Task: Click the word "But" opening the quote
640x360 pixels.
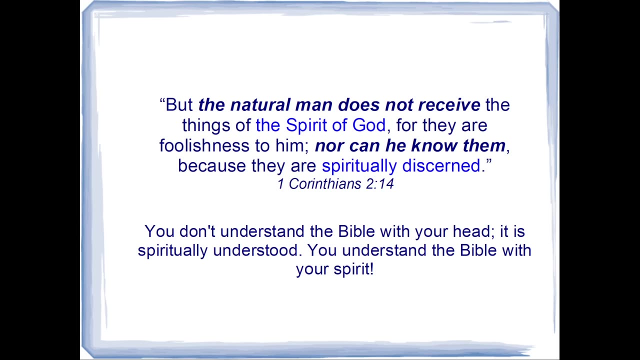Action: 179,104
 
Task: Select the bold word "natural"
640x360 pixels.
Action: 260,104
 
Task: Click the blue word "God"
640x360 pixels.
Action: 369,125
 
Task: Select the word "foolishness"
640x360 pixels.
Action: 204,145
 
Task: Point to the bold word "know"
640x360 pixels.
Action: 434,145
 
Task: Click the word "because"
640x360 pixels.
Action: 211,165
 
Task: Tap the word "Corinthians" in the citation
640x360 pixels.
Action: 325,183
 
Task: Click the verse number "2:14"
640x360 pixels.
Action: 379,184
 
